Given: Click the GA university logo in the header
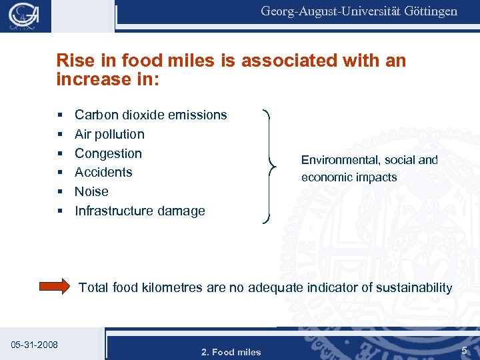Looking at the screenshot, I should point(25,15).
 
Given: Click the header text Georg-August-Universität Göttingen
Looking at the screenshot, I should point(359,11).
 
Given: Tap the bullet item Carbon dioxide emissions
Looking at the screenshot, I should point(151,115).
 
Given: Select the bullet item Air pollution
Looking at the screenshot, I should point(109,134).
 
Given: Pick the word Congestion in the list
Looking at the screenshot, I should point(108,153).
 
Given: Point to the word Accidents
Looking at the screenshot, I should point(103,172).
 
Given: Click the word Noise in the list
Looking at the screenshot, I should point(91,191).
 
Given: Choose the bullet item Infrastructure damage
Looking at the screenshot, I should point(139,211).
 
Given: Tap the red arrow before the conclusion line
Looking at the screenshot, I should point(55,287).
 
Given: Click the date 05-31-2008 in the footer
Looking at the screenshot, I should point(35,345).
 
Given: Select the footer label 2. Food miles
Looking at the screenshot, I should point(231,351).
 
